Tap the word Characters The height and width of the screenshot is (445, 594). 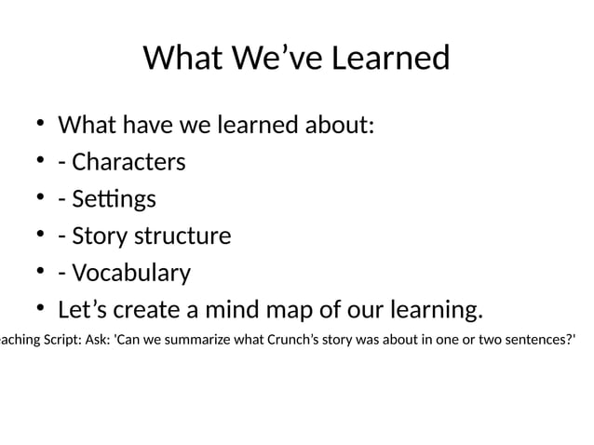[128, 162]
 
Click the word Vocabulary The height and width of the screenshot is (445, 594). [131, 273]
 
